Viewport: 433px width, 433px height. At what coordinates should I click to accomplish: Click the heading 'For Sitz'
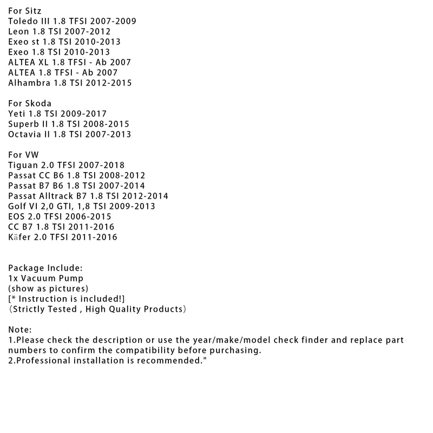point(24,11)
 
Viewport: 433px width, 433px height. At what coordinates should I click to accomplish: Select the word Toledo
point(23,21)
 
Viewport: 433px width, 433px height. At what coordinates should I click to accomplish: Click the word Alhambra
point(29,83)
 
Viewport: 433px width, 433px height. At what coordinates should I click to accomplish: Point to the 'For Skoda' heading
point(30,103)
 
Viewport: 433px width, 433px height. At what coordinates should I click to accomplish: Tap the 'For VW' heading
point(24,155)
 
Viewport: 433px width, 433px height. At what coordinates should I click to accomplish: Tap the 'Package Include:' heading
point(45,268)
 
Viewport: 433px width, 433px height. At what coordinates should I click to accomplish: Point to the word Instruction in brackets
point(40,299)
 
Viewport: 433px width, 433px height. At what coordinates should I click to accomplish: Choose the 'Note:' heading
point(21,330)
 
